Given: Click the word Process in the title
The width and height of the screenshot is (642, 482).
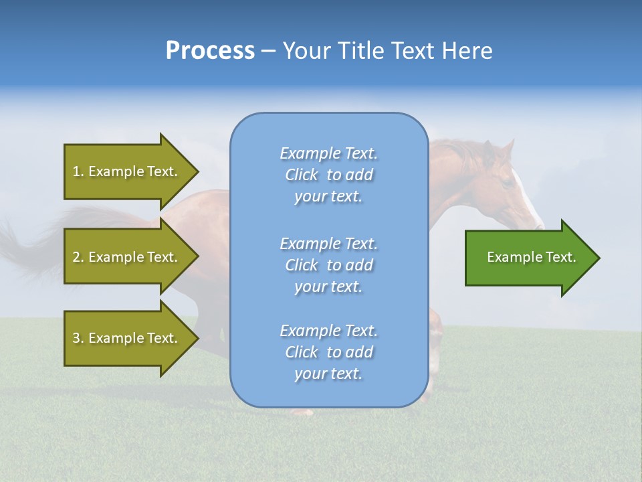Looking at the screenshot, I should [x=210, y=51].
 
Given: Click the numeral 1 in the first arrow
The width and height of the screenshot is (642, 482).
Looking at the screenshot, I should [x=76, y=171].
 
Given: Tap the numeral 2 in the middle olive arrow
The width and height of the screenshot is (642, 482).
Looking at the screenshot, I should [x=76, y=257].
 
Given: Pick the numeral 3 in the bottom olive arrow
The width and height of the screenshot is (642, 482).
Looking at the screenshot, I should [x=76, y=338].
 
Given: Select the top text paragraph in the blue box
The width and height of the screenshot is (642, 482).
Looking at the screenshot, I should [x=328, y=175].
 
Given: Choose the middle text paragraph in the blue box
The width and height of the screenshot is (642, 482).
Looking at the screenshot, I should [x=328, y=265].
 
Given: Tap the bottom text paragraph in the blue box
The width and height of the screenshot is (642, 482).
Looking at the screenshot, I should [x=328, y=352].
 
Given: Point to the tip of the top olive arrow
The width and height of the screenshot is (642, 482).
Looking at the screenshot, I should [x=197, y=171].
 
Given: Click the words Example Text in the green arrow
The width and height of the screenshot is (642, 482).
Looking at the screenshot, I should [x=532, y=257].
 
